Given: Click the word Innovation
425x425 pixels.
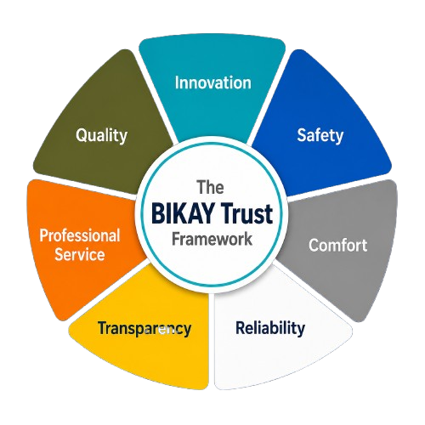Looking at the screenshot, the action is pos(212,82).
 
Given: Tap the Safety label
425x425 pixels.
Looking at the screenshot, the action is pos(320,135).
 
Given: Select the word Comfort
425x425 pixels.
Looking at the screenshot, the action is pos(338,245).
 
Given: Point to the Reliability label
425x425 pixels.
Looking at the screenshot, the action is pos(270,328).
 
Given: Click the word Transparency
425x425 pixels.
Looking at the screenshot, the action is pos(144,329).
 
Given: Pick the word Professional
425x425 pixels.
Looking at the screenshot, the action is pos(80,235).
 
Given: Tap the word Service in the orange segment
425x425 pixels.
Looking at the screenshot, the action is pos(80,254).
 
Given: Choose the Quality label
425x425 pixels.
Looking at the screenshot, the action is pos(101,135).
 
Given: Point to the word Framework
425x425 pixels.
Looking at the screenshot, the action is pos(212,239).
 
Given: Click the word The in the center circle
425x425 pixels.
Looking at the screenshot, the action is pos(211,187).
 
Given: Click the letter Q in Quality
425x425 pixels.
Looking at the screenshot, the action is pos(81,135).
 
